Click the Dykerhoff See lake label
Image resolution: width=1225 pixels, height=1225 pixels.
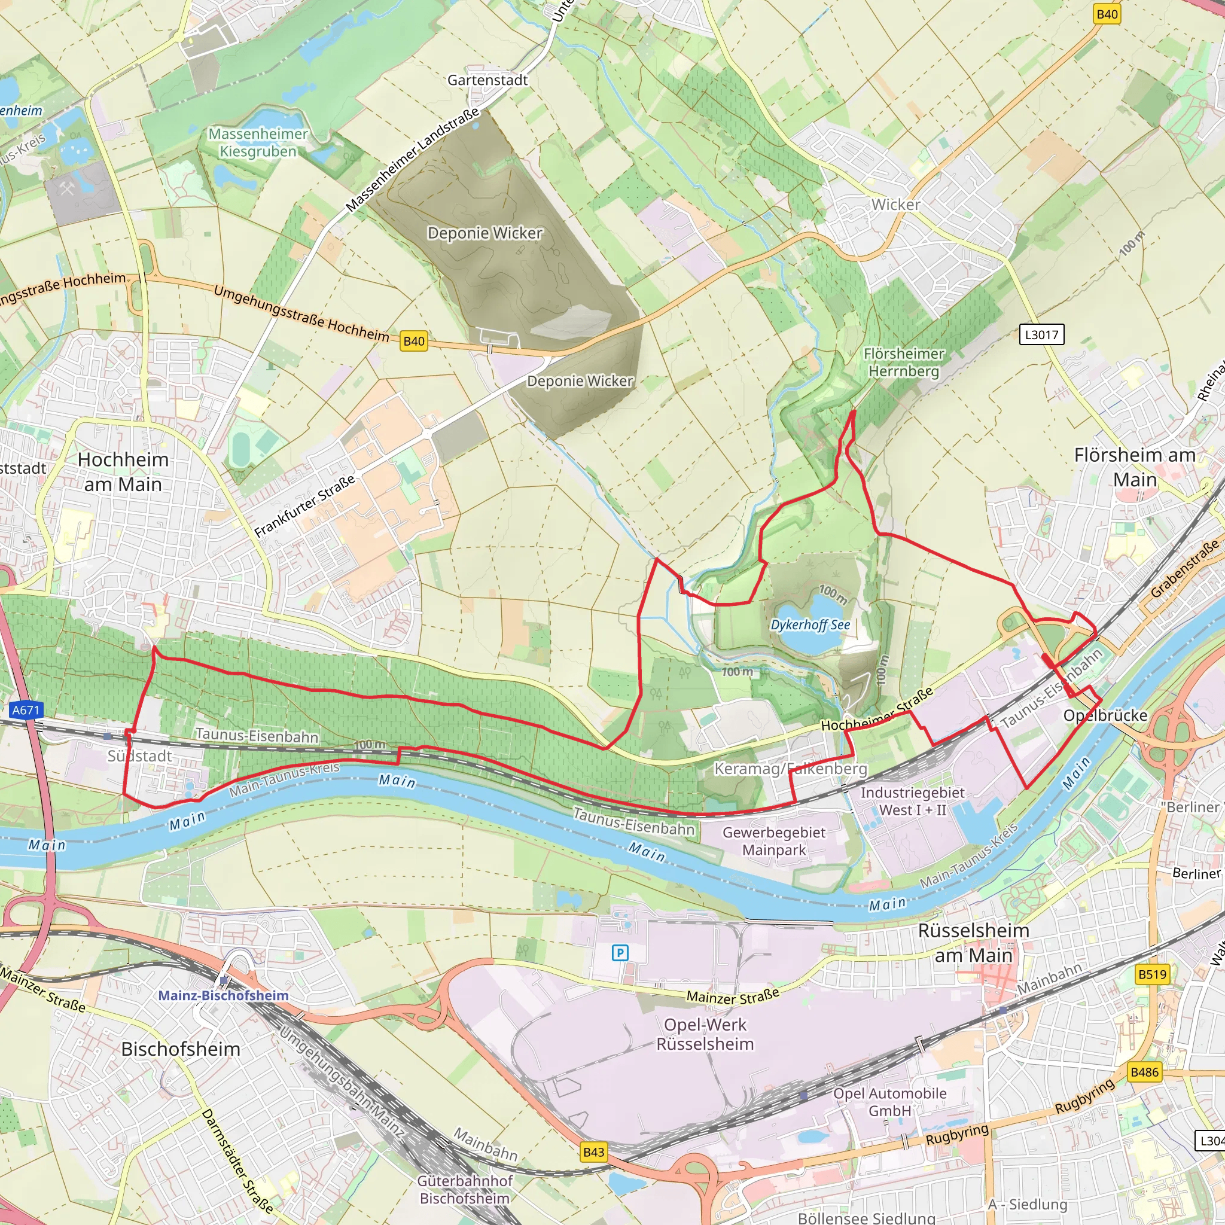coord(810,624)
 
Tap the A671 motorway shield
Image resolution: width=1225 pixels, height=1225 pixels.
coord(26,710)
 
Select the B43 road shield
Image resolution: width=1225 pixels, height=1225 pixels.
coord(593,1152)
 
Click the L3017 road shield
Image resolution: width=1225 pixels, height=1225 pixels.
coord(1041,334)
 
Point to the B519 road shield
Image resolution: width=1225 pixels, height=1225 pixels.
coord(1152,974)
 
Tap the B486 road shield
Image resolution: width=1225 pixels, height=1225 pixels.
coord(1144,1072)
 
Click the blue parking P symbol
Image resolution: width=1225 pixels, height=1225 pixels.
coord(620,952)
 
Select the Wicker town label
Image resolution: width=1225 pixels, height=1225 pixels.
coord(895,205)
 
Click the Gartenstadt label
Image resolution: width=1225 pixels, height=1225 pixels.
coord(487,80)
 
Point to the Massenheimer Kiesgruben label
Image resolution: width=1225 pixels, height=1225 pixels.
coord(258,143)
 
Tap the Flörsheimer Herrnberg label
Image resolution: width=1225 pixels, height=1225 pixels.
coord(904,362)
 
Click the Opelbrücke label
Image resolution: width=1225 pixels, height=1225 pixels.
coord(1105,715)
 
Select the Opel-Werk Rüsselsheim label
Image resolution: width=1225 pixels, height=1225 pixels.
coord(705,1034)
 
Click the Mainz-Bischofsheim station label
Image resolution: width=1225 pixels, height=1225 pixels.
coord(223,995)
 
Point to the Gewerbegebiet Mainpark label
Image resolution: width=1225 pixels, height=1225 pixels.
coord(773,841)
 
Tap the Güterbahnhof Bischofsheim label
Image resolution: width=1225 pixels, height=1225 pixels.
coord(465,1190)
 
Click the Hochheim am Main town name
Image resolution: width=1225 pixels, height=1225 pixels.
coord(123,472)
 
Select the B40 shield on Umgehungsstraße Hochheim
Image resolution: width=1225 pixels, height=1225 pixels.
coord(414,341)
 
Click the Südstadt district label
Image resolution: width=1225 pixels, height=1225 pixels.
coord(139,756)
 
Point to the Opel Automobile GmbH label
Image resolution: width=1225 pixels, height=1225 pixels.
coord(889,1102)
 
